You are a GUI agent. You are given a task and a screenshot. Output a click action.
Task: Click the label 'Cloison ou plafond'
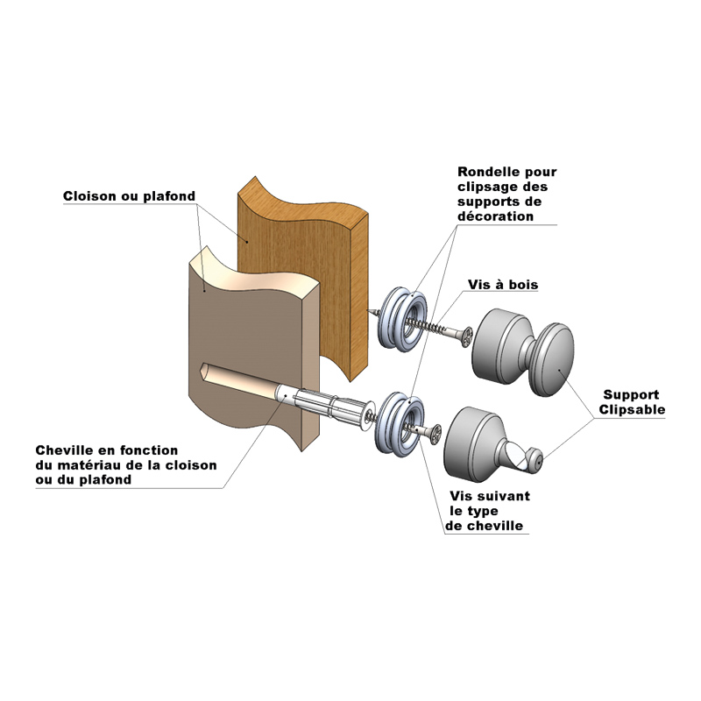(129, 196)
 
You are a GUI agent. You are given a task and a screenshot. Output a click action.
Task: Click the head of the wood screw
(466, 335)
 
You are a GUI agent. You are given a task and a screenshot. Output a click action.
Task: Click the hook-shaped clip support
(491, 443)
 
